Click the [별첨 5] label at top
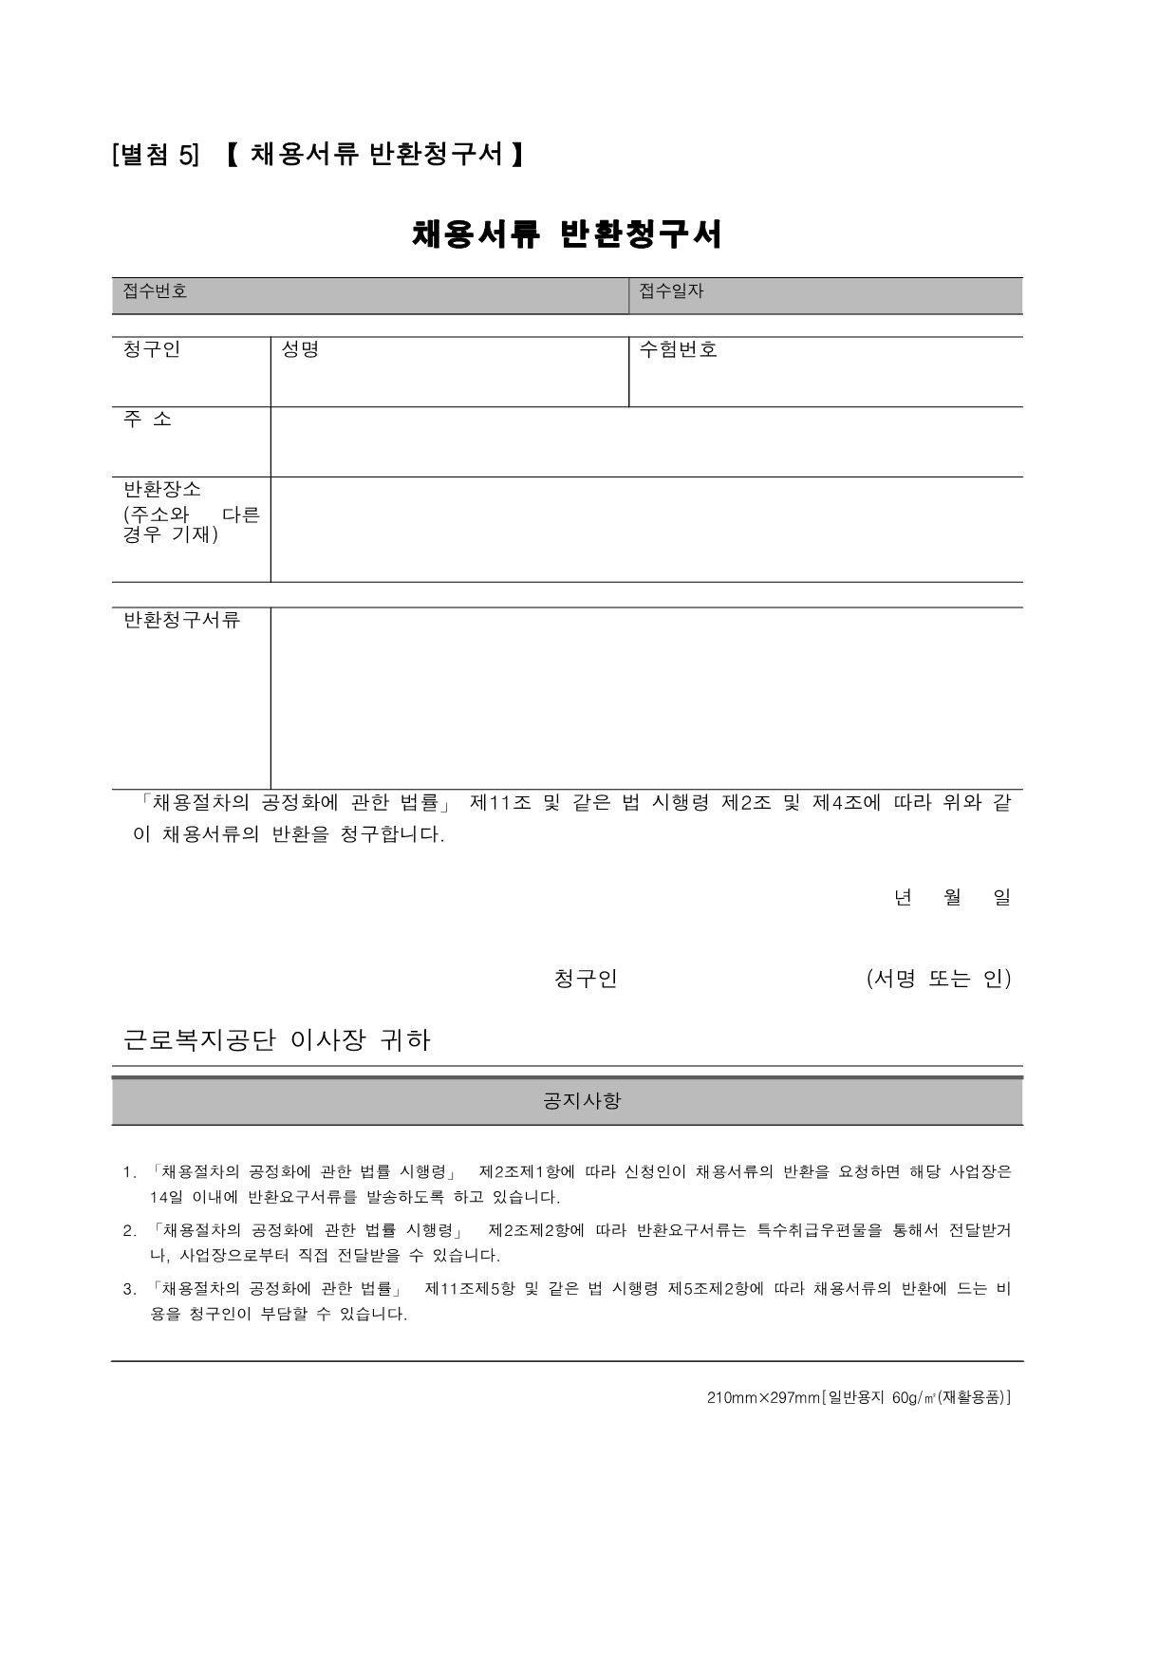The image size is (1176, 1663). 156,155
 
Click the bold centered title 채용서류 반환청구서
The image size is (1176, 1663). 567,234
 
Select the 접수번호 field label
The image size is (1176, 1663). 155,291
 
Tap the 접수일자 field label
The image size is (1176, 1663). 671,291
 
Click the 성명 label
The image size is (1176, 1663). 300,349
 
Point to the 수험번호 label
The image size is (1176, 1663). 678,349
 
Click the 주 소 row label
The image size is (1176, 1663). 148,419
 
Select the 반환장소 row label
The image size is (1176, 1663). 162,490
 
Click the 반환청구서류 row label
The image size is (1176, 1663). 181,621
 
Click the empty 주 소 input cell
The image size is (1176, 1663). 645,442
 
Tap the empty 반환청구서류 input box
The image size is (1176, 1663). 645,698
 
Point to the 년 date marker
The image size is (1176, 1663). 902,897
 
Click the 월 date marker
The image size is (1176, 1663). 952,897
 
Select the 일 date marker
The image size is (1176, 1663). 1001,897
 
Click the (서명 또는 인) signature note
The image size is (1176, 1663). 938,979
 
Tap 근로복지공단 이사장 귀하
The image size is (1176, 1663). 277,1040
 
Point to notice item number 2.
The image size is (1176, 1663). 130,1231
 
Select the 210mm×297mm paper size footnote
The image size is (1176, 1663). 858,1397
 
